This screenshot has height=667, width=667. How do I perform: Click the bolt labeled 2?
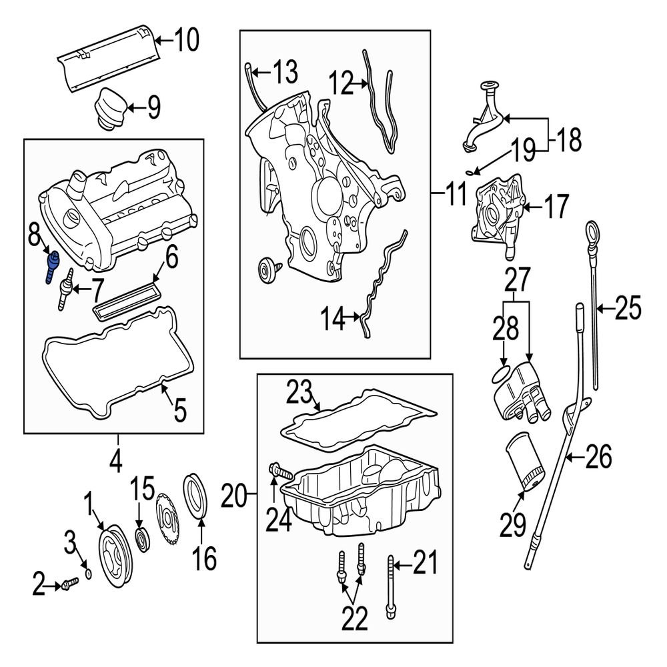point(65,586)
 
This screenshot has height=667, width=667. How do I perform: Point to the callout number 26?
point(598,458)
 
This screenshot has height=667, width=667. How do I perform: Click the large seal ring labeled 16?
point(196,495)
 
